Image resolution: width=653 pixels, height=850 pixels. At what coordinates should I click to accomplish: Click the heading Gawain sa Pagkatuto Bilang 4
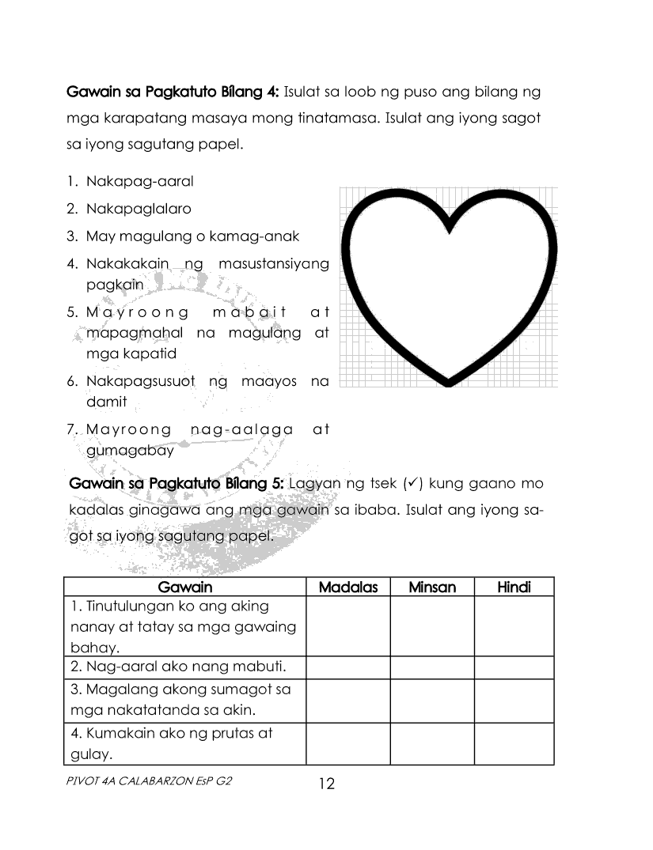[x=172, y=92]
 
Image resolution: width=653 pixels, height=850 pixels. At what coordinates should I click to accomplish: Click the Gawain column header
[x=185, y=587]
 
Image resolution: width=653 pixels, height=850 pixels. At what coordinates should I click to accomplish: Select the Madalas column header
[x=348, y=587]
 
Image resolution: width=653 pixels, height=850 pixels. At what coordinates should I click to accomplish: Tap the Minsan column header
[x=432, y=587]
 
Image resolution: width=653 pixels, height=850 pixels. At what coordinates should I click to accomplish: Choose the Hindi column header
[x=514, y=587]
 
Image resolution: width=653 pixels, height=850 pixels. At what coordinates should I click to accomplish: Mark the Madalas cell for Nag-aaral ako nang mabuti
[x=348, y=668]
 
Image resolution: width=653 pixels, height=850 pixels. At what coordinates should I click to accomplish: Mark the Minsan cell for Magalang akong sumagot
[x=432, y=701]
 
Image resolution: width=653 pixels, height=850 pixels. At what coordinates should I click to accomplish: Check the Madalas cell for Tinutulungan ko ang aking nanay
[x=348, y=626]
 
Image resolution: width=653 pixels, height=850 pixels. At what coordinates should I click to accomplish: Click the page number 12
[x=326, y=784]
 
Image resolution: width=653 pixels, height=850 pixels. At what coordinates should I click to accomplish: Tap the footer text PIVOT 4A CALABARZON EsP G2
[x=150, y=780]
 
